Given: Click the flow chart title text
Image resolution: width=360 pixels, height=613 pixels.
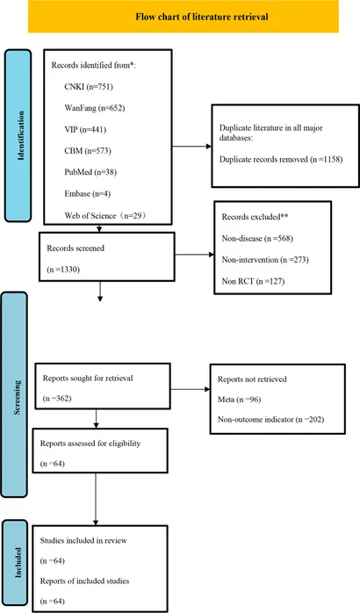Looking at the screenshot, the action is [x=202, y=17].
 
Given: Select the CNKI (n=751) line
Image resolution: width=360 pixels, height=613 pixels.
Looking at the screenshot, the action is [x=89, y=86].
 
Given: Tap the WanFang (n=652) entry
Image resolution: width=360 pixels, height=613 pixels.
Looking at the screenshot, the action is [x=95, y=108].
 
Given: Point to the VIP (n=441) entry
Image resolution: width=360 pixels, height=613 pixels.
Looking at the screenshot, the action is [x=85, y=129].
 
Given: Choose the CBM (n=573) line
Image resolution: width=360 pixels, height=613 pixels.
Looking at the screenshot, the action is [x=88, y=150].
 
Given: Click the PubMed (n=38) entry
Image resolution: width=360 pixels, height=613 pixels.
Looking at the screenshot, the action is [x=90, y=172].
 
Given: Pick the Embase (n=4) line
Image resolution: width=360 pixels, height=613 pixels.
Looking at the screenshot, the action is [x=88, y=193].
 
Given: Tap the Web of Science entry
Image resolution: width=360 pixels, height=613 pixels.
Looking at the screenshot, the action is [x=105, y=215].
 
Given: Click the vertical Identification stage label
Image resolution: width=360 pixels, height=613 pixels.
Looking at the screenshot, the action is [x=21, y=135].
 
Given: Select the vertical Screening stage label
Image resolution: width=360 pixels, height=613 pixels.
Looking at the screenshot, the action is [x=18, y=397].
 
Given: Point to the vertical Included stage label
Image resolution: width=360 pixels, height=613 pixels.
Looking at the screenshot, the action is [x=18, y=562].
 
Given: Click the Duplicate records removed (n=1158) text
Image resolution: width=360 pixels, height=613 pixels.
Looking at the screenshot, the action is [x=281, y=160].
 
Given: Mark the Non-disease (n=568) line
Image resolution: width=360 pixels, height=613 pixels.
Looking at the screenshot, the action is [x=257, y=238].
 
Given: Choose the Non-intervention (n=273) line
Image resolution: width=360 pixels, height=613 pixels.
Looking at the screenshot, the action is [x=265, y=260].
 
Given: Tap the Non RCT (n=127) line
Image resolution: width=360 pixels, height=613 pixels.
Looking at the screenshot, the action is [x=253, y=281].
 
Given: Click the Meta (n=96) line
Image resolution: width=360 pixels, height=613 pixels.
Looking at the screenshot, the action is [x=239, y=400].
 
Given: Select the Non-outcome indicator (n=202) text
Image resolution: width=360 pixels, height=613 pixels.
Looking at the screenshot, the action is [x=271, y=420].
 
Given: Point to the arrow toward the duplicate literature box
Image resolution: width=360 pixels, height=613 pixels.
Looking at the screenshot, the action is [x=192, y=147].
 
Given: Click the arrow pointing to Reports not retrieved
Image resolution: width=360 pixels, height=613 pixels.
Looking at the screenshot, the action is [x=191, y=389].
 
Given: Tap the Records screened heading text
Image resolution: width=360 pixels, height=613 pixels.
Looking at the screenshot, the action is [x=76, y=249].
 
